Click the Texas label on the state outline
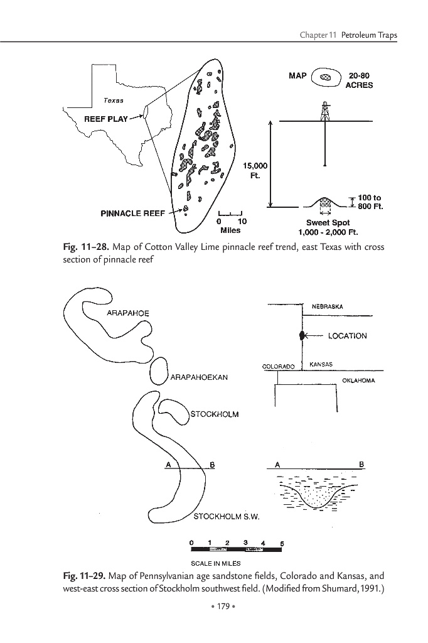click(x=114, y=100)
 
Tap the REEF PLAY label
click(x=106, y=119)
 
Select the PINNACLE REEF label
click(x=133, y=213)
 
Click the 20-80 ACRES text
click(x=359, y=80)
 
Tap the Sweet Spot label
click(x=328, y=223)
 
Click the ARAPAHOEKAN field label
click(x=198, y=377)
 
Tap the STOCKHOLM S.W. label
click(x=225, y=517)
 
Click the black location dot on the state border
click(x=302, y=335)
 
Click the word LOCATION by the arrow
click(x=347, y=336)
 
